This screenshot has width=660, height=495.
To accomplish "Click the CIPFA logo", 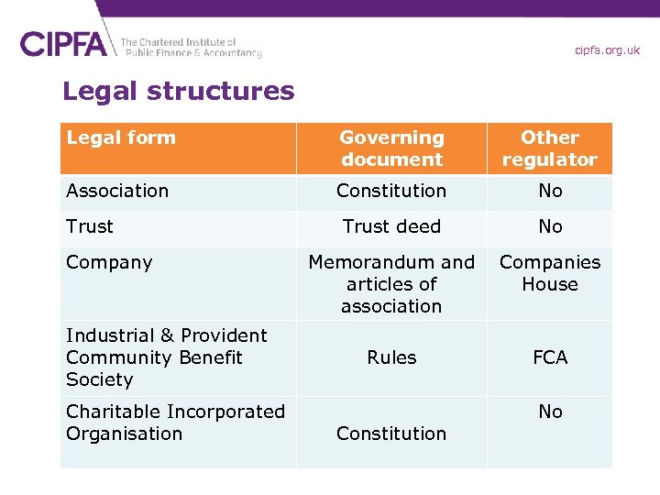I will pos(64,44).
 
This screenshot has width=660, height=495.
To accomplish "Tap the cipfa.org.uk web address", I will pos(607,50).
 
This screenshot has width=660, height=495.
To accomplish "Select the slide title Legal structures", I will pos(179,92).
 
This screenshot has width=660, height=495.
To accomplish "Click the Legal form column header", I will pos(121,137).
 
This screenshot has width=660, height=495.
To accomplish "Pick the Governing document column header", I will pos(391,148).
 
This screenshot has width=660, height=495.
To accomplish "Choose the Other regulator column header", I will pos(549,148).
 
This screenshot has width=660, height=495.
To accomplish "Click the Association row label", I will pos(117,191).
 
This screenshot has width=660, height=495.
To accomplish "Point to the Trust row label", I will pos(90,226).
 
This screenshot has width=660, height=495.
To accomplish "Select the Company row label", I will pos(109,262).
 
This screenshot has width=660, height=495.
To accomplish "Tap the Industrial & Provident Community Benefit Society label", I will pos(166,357).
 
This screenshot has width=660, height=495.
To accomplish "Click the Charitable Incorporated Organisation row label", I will pos(175,423).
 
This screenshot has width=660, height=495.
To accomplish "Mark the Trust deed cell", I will pos(391,226).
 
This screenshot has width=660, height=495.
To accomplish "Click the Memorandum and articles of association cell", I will pos(391,284).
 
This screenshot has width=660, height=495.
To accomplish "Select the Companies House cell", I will pos(549,273).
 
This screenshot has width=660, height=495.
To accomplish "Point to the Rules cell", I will pos(391,357).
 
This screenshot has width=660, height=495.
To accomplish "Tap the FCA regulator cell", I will pos(550,357).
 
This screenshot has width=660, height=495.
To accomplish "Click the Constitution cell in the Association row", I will pos(391,191).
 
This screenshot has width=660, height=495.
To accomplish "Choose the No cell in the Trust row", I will pos(550,226).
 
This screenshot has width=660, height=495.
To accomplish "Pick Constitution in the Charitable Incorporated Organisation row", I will pos(391,434).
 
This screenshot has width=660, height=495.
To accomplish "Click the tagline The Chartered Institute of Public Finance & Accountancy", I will pos(191,48).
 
